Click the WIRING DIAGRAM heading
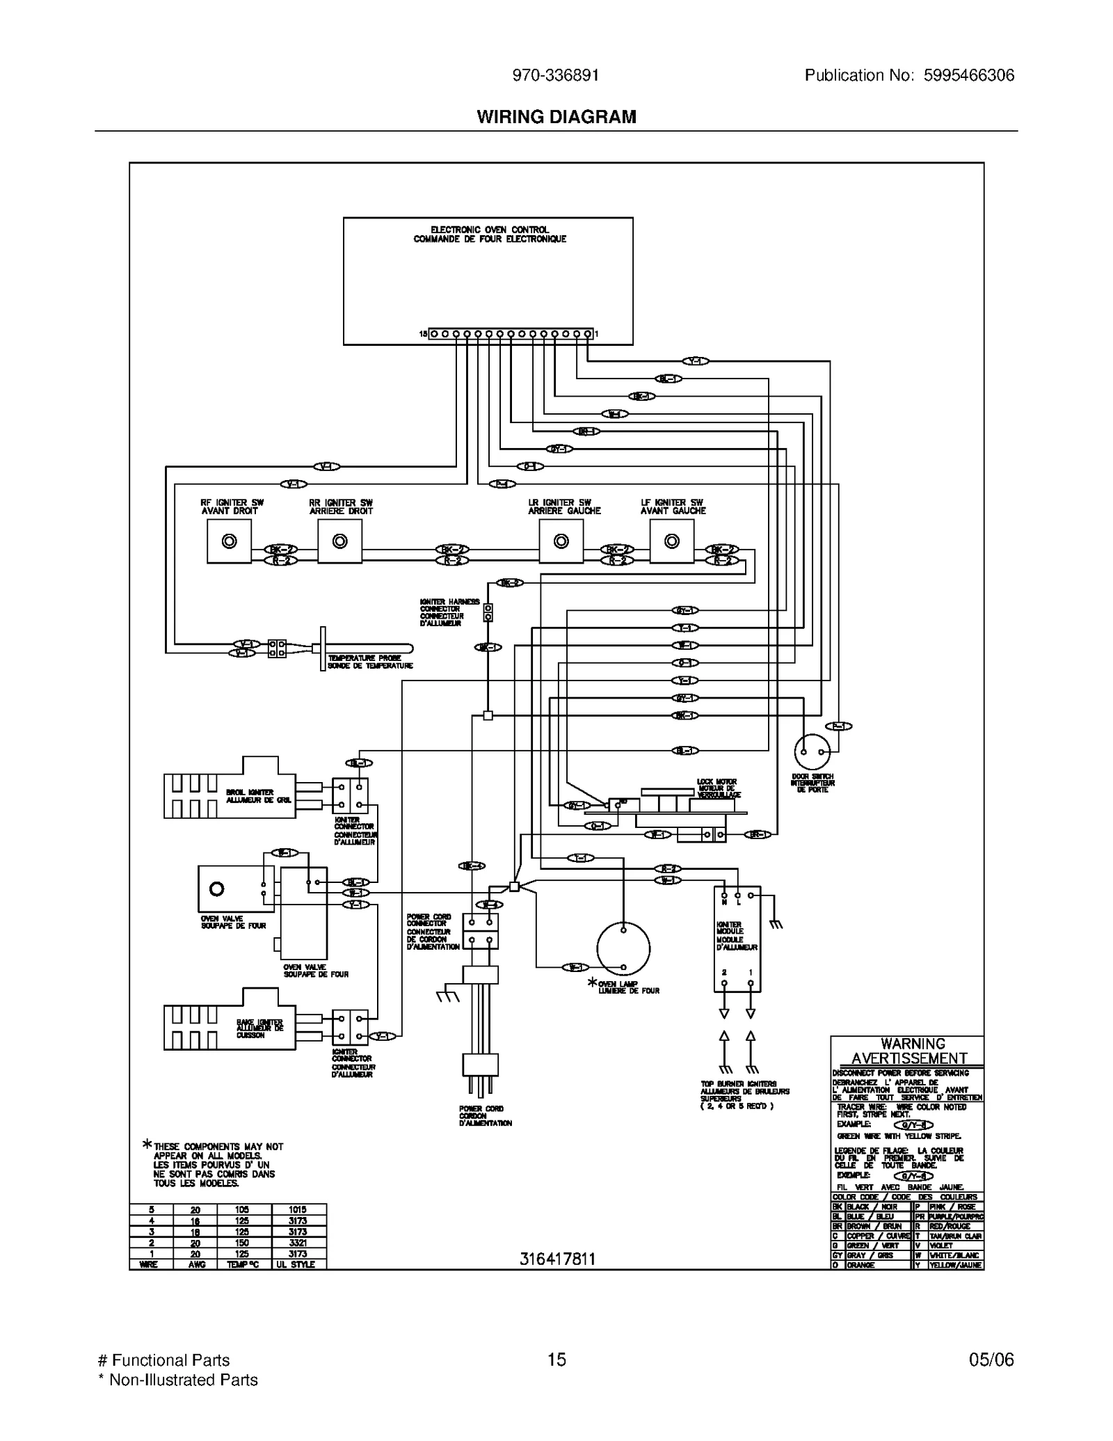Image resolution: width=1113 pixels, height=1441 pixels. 556,117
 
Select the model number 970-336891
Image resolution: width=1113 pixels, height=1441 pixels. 555,75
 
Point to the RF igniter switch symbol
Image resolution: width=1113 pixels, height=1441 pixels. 229,541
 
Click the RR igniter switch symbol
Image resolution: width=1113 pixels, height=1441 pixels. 339,541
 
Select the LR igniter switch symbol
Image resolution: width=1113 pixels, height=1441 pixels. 561,541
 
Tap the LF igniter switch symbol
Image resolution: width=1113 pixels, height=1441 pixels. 671,541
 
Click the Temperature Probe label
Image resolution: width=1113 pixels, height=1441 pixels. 370,662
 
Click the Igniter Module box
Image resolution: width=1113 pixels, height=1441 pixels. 737,939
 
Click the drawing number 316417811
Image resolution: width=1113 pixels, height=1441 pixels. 557,1259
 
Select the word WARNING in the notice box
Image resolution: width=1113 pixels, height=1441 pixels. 913,1044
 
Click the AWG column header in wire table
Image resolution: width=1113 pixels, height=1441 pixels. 196,1264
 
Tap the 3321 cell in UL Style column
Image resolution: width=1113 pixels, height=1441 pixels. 298,1242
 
